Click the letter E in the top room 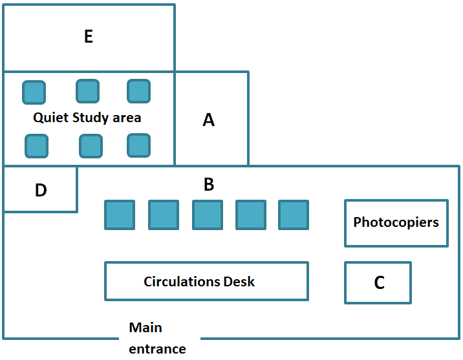click(x=89, y=37)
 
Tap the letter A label click(x=208, y=120)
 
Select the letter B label click(x=209, y=184)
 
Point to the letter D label click(x=41, y=190)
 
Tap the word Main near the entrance click(x=145, y=328)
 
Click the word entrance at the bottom click(x=157, y=350)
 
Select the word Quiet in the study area click(x=51, y=118)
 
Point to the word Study click(x=91, y=118)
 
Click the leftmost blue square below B click(x=120, y=215)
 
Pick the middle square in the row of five click(x=208, y=215)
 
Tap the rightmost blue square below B click(x=294, y=215)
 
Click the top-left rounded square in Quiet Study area click(x=34, y=92)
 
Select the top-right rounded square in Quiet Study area click(x=139, y=91)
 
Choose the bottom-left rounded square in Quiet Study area click(x=37, y=146)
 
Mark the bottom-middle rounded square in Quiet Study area click(x=91, y=146)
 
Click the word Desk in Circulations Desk click(x=239, y=282)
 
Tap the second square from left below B click(x=164, y=215)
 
